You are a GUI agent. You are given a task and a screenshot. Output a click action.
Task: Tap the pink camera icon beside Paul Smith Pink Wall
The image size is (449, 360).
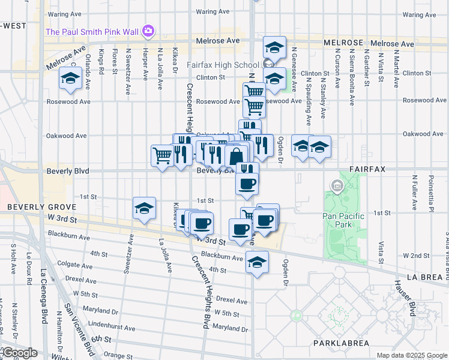[148, 30]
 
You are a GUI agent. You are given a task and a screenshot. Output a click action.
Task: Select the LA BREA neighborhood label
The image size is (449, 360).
[424, 277]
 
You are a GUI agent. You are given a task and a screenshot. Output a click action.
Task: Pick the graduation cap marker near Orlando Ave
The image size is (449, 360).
[71, 79]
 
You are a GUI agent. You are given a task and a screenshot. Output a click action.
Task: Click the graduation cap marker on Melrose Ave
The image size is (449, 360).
[274, 47]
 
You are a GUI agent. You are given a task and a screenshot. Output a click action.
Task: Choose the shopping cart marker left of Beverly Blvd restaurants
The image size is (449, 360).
[162, 155]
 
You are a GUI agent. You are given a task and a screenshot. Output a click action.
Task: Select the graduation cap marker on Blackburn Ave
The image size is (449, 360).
[257, 262]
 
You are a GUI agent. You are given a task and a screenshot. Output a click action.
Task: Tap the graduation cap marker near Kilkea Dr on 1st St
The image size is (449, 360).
[144, 208]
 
